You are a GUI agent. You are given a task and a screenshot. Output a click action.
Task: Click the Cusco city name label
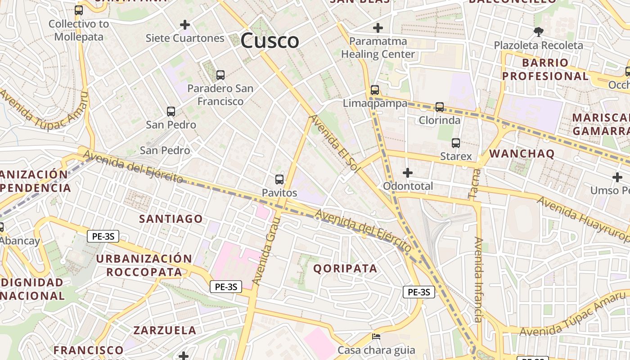click(x=270, y=41)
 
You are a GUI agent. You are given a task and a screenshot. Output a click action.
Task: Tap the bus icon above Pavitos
click(x=279, y=180)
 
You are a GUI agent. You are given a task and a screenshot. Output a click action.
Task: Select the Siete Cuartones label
click(x=184, y=38)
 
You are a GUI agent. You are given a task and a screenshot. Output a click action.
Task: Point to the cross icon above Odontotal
click(x=408, y=172)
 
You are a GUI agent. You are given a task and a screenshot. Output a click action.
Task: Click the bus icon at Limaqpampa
click(x=375, y=90)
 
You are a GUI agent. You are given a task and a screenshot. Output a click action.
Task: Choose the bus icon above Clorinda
click(x=440, y=107)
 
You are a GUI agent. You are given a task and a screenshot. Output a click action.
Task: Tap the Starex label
click(x=456, y=156)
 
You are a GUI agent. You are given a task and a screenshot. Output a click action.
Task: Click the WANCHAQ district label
click(x=522, y=153)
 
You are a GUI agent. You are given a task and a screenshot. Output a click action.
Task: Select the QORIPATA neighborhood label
click(x=345, y=269)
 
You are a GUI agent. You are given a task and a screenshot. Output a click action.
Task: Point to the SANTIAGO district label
click(x=171, y=219)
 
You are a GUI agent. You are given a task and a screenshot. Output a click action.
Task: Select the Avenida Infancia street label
click(x=478, y=279)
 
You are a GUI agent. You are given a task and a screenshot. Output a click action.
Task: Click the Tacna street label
click(x=475, y=184)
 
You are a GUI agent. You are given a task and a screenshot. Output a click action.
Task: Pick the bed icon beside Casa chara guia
click(x=376, y=337)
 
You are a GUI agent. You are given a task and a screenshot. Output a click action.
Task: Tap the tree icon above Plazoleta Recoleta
click(x=538, y=31)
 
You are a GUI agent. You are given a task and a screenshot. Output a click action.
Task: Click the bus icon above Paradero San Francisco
click(x=220, y=75)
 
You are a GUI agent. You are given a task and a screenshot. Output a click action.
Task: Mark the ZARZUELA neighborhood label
click(x=165, y=330)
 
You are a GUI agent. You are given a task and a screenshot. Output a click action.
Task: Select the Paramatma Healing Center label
click(x=378, y=48)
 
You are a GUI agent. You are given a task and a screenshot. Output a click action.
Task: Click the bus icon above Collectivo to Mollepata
click(x=79, y=10)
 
